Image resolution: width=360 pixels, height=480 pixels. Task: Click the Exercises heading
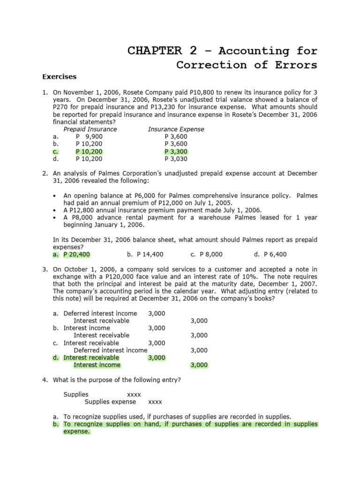click(x=60, y=76)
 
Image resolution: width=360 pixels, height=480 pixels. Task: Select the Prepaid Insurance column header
click(x=90, y=129)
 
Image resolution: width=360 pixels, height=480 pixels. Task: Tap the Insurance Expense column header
click(x=176, y=129)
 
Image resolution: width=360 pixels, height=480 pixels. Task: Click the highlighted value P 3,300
click(x=176, y=151)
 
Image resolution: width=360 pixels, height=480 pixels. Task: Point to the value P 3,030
click(x=176, y=159)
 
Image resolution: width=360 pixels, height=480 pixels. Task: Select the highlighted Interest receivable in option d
click(x=91, y=357)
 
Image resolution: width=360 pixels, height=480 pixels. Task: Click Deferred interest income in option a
click(x=100, y=313)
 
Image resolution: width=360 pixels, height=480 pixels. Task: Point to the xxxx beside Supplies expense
click(x=155, y=402)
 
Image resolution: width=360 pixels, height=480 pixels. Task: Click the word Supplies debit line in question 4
click(x=75, y=394)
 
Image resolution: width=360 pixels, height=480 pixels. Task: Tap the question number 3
click(x=45, y=269)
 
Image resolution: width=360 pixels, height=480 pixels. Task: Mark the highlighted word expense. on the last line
click(x=76, y=431)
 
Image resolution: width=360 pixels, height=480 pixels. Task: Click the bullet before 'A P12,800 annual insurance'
click(x=56, y=210)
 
